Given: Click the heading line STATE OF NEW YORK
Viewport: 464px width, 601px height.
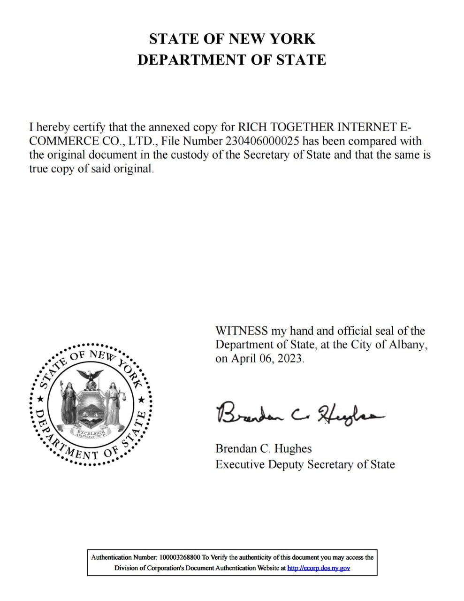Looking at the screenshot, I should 232,39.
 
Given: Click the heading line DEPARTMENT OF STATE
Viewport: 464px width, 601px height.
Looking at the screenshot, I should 232,60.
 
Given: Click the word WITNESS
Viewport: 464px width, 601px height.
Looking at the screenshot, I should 241,331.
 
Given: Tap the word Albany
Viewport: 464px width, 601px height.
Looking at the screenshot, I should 408,345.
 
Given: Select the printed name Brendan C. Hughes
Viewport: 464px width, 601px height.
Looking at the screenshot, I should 263,448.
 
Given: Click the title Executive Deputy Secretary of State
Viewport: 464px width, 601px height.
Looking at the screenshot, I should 305,464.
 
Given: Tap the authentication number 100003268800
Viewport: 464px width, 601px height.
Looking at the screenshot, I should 180,557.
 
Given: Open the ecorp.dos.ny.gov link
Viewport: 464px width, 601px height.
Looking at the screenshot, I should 319,568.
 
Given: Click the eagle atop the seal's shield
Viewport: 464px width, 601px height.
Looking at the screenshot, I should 90,376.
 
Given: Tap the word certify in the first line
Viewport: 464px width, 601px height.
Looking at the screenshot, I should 89,127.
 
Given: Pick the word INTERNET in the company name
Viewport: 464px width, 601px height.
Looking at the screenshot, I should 367,127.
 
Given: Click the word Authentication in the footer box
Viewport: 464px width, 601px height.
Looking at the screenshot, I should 111,557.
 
